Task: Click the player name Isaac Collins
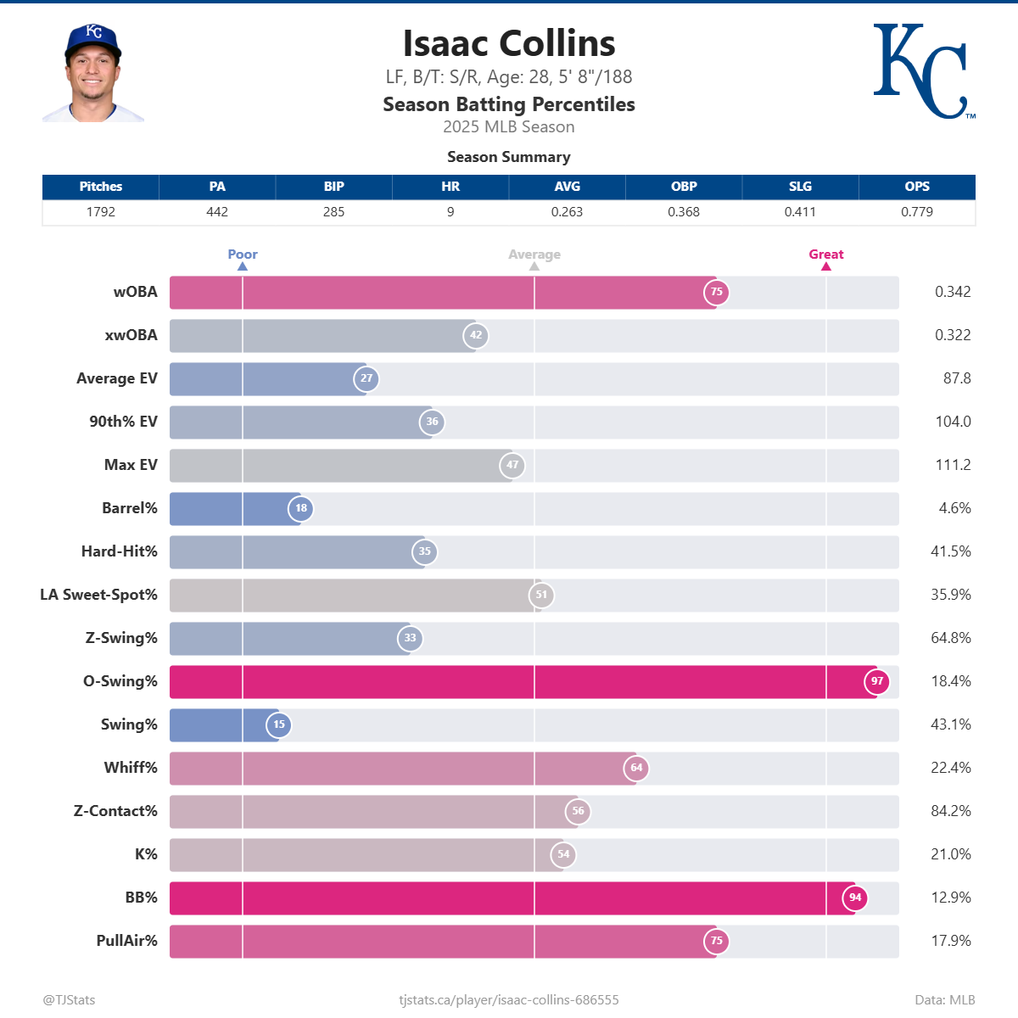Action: (x=509, y=44)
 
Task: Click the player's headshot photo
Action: (x=93, y=74)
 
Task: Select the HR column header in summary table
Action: (x=450, y=187)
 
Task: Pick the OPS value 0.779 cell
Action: (x=916, y=212)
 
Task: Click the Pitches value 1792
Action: (x=100, y=212)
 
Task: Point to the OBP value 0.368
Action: (x=684, y=212)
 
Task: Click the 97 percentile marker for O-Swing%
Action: (x=877, y=681)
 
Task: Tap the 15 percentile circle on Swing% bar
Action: (x=279, y=724)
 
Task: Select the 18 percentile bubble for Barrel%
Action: (x=301, y=508)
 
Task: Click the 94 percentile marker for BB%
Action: (x=855, y=898)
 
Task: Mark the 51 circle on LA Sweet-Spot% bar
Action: (x=541, y=595)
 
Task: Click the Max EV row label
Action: (x=131, y=465)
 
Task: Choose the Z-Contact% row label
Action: (x=115, y=811)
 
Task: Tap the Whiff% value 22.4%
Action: (x=950, y=768)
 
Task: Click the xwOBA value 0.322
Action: (x=952, y=335)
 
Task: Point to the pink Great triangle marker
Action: (x=826, y=266)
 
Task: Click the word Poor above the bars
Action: (x=243, y=255)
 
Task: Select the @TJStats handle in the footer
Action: (x=69, y=999)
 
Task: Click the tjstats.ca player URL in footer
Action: (x=509, y=999)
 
